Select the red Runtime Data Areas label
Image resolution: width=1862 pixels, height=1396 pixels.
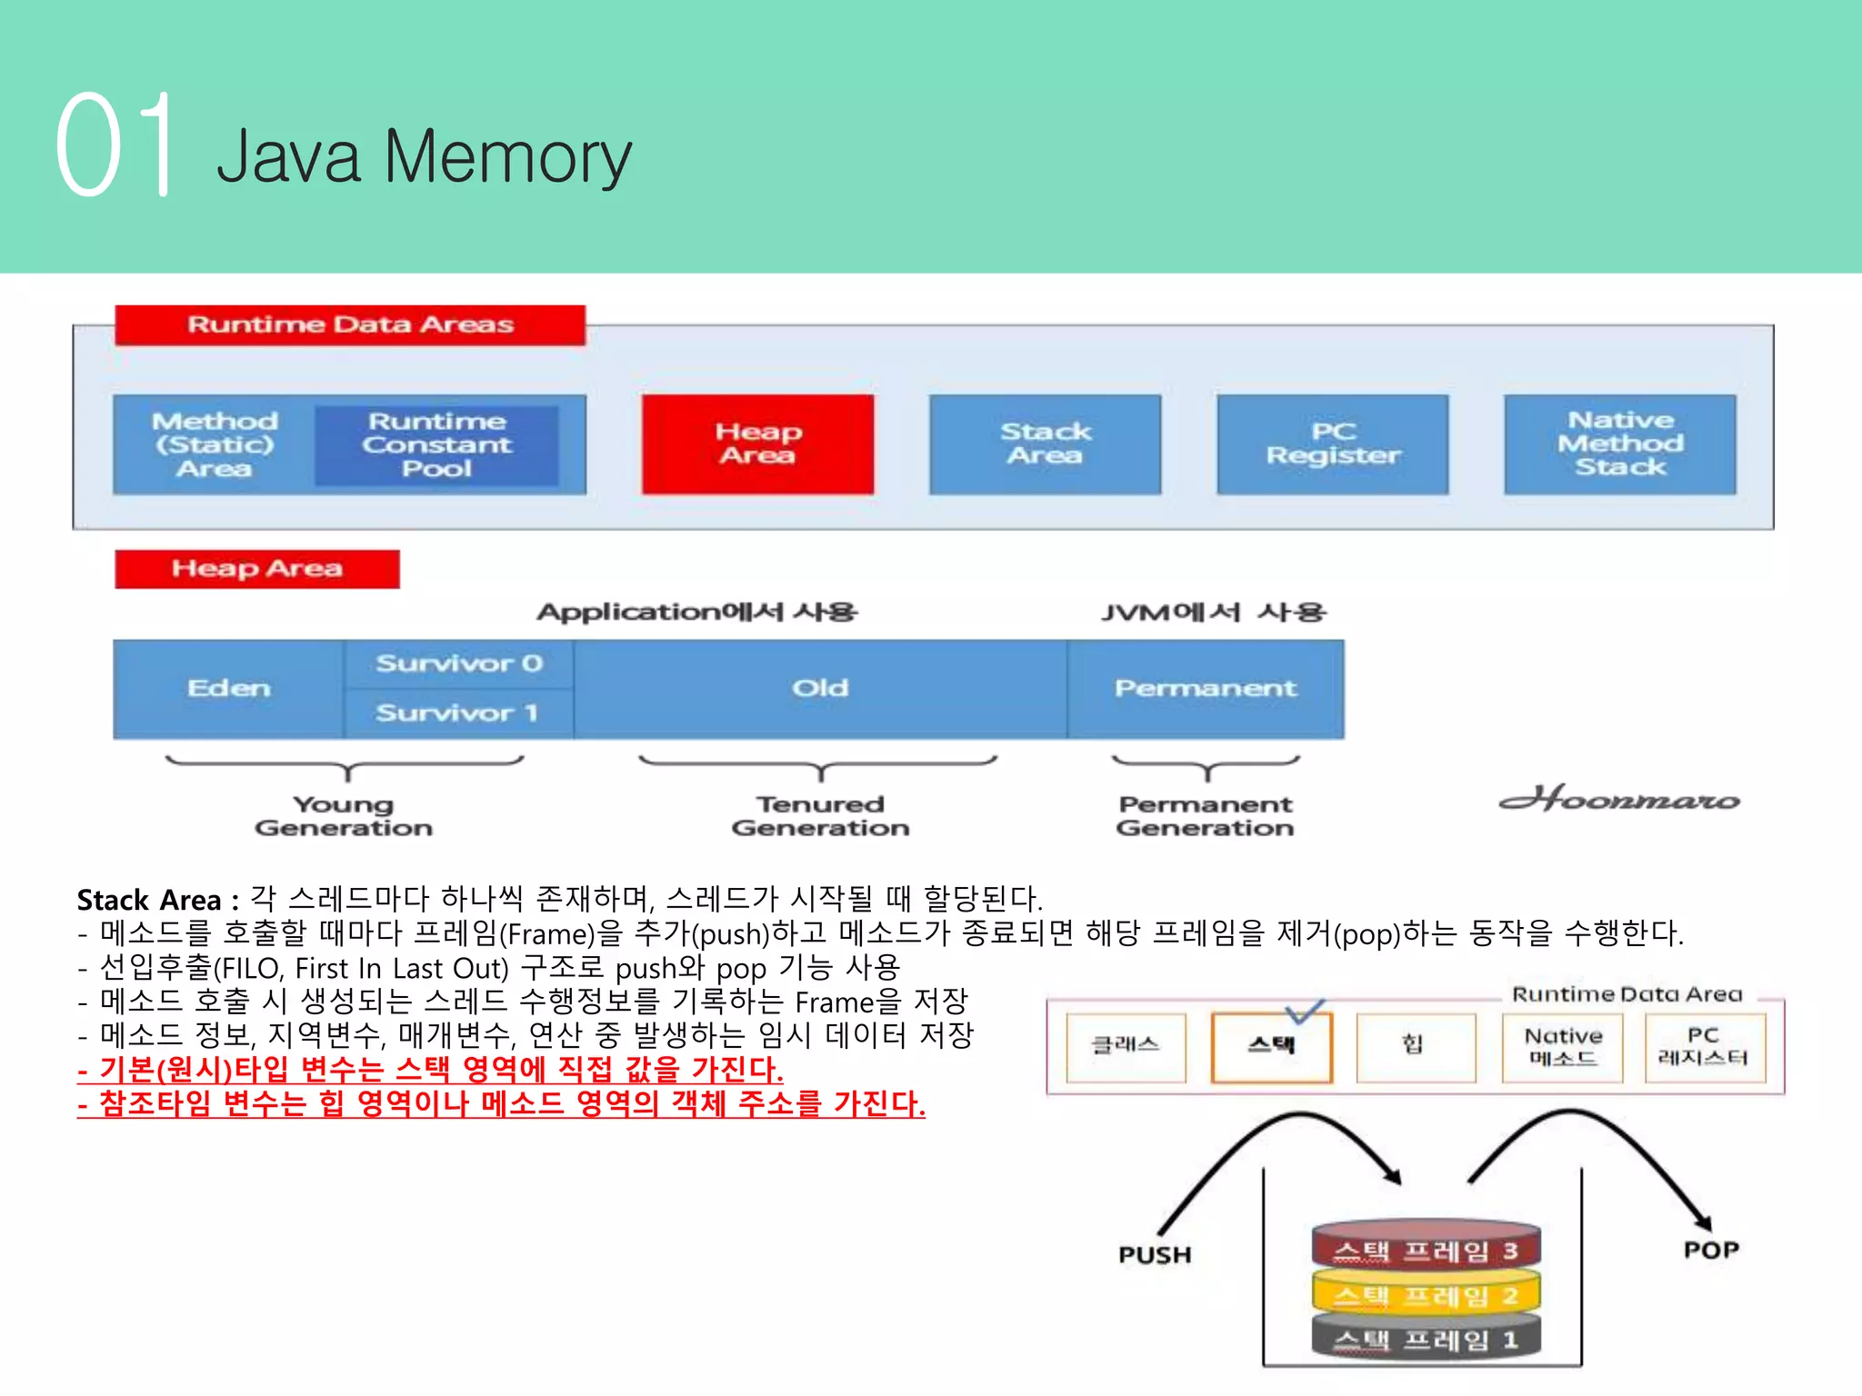(350, 324)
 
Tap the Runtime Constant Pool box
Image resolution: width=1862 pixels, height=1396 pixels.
(436, 444)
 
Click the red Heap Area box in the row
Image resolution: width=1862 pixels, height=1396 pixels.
(757, 444)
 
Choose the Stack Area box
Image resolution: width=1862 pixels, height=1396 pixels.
(1045, 444)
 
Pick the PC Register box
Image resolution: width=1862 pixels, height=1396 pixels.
(1333, 444)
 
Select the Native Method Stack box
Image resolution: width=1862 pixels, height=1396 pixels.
(1620, 444)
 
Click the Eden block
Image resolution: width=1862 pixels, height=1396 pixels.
(229, 689)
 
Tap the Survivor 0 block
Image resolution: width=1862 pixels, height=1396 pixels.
(459, 663)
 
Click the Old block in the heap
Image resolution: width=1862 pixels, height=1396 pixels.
(820, 689)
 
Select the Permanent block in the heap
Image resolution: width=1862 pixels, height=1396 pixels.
(1206, 689)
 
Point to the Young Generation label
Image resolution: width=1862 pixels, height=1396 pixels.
(344, 815)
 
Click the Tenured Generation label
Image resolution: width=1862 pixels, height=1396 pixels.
(820, 815)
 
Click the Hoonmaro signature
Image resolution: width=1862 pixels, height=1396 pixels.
(1619, 799)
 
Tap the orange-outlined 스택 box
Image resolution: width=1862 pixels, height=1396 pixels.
(1271, 1046)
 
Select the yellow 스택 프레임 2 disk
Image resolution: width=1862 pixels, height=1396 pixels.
(1426, 1295)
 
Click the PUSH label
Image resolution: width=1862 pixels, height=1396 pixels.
(1155, 1255)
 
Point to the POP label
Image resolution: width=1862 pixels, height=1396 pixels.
(1711, 1251)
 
